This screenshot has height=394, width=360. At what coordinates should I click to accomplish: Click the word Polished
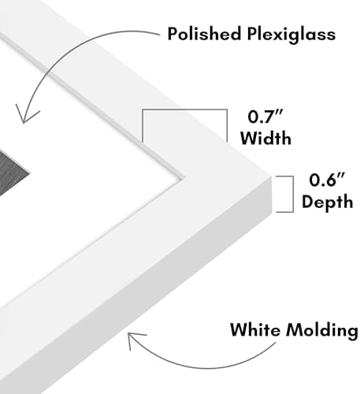(204, 33)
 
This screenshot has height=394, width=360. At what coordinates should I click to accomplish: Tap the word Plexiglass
(291, 35)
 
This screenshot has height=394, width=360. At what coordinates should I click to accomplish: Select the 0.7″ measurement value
(265, 117)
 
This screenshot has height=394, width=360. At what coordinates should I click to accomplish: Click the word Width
(265, 138)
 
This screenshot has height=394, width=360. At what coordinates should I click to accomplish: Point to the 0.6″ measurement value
(326, 180)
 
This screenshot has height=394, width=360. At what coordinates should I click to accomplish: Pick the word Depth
(327, 202)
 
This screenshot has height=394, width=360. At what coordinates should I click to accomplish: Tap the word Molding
(322, 331)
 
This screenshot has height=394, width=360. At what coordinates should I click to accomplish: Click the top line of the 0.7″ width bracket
(184, 109)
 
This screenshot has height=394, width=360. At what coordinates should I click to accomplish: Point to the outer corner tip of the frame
(272, 177)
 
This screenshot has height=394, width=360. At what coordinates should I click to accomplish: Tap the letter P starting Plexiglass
(252, 34)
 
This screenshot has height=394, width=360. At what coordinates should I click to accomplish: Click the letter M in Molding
(295, 329)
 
